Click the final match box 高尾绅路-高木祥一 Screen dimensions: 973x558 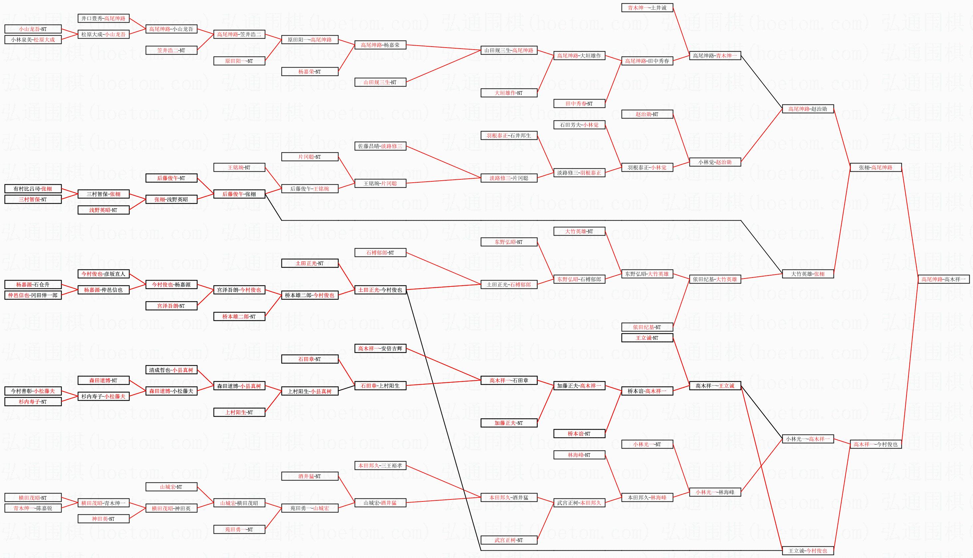tap(943, 279)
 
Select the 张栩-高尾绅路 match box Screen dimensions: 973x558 tap(876, 167)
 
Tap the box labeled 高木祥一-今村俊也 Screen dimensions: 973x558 tap(876, 444)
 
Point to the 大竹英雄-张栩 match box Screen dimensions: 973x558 tap(808, 274)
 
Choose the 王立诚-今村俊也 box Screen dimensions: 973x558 tap(808, 551)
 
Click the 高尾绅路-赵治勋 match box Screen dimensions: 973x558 tap(808, 109)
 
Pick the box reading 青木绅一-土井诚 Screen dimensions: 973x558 tap(647, 8)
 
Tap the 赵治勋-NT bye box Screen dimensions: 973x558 tap(647, 114)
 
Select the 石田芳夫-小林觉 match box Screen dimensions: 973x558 tap(579, 125)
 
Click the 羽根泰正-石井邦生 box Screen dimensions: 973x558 tap(509, 136)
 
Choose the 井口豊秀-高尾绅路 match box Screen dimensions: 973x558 tap(103, 18)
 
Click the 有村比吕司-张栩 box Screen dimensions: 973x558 tap(33, 189)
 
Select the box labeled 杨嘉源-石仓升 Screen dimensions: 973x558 tap(33, 284)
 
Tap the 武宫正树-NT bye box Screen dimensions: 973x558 tap(509, 540)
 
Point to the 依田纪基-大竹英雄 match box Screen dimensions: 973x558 tap(715, 279)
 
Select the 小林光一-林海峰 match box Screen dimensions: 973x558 tap(715, 492)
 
